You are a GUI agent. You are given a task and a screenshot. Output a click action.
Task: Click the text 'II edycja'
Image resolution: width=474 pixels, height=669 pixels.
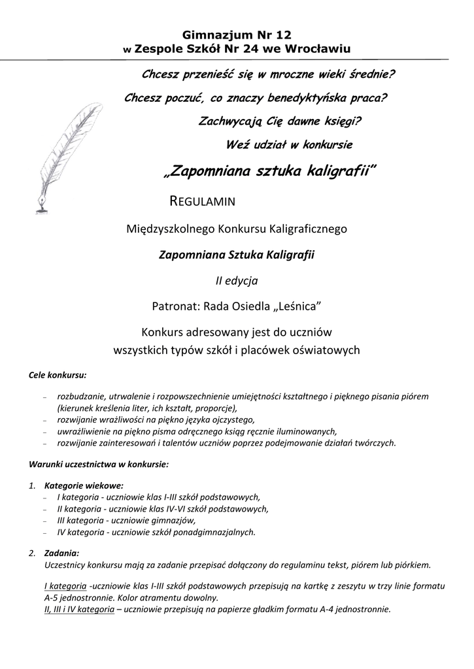click(x=237, y=280)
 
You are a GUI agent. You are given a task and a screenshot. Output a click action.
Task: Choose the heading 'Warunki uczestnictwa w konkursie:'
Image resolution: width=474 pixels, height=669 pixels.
click(x=99, y=465)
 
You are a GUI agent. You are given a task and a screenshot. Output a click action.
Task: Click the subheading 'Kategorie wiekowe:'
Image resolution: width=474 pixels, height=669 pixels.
click(x=84, y=485)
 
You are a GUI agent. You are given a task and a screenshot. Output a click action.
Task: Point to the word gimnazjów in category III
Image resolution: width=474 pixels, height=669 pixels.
click(x=175, y=520)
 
